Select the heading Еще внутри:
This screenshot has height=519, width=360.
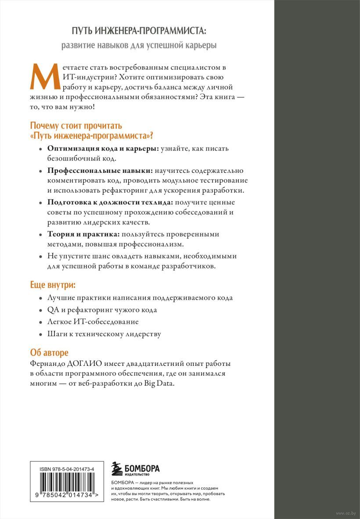(52, 285)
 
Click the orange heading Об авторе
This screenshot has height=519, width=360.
(50, 353)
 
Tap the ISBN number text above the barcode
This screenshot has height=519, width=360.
(67, 469)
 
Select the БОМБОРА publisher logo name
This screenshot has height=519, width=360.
(142, 468)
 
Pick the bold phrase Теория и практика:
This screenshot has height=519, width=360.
(83, 233)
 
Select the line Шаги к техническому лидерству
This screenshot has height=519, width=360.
(104, 334)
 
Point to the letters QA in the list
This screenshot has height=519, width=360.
(52, 310)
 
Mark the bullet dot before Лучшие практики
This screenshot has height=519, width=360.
(40, 298)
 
